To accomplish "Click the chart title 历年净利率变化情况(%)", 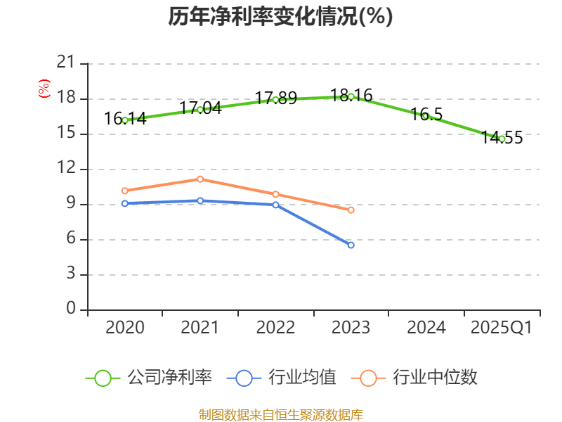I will [x=280, y=16].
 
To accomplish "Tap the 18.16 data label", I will [x=351, y=95].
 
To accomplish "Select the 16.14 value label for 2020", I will [x=125, y=119].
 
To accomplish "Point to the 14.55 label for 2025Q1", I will [x=502, y=138].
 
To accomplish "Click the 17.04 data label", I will [x=200, y=108].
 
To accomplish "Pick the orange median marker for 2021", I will [x=200, y=179].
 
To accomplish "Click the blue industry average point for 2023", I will [x=351, y=245].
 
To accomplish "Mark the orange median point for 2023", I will [x=351, y=210].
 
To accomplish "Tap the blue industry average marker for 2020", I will [x=125, y=203].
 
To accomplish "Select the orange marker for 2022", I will [x=275, y=194].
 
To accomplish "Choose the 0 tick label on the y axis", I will [x=71, y=309].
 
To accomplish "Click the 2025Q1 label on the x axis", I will [x=502, y=328].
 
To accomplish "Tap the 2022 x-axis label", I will [x=275, y=328].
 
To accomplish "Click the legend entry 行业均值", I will [x=282, y=378].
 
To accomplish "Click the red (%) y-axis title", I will [x=44, y=88].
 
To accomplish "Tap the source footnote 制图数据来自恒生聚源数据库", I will [x=281, y=414].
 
